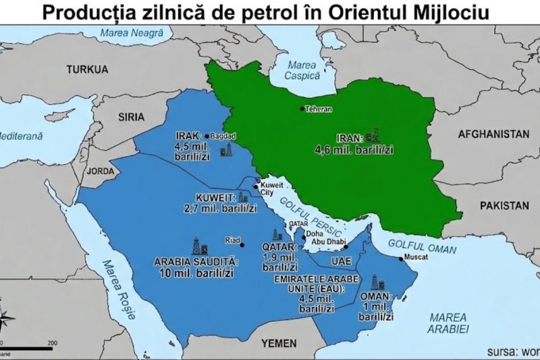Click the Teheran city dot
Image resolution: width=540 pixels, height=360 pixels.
click(302, 108)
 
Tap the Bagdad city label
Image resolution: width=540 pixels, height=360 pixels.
click(223, 135)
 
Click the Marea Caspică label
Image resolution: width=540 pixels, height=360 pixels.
click(302, 71)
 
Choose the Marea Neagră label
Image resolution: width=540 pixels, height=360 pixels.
click(122, 32)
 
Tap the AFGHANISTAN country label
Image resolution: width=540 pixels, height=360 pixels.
click(493, 134)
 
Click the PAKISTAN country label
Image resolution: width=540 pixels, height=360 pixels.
click(503, 204)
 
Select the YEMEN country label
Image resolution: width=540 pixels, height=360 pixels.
click(278, 343)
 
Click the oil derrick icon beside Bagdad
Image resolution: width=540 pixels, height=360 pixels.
click(230, 150)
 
